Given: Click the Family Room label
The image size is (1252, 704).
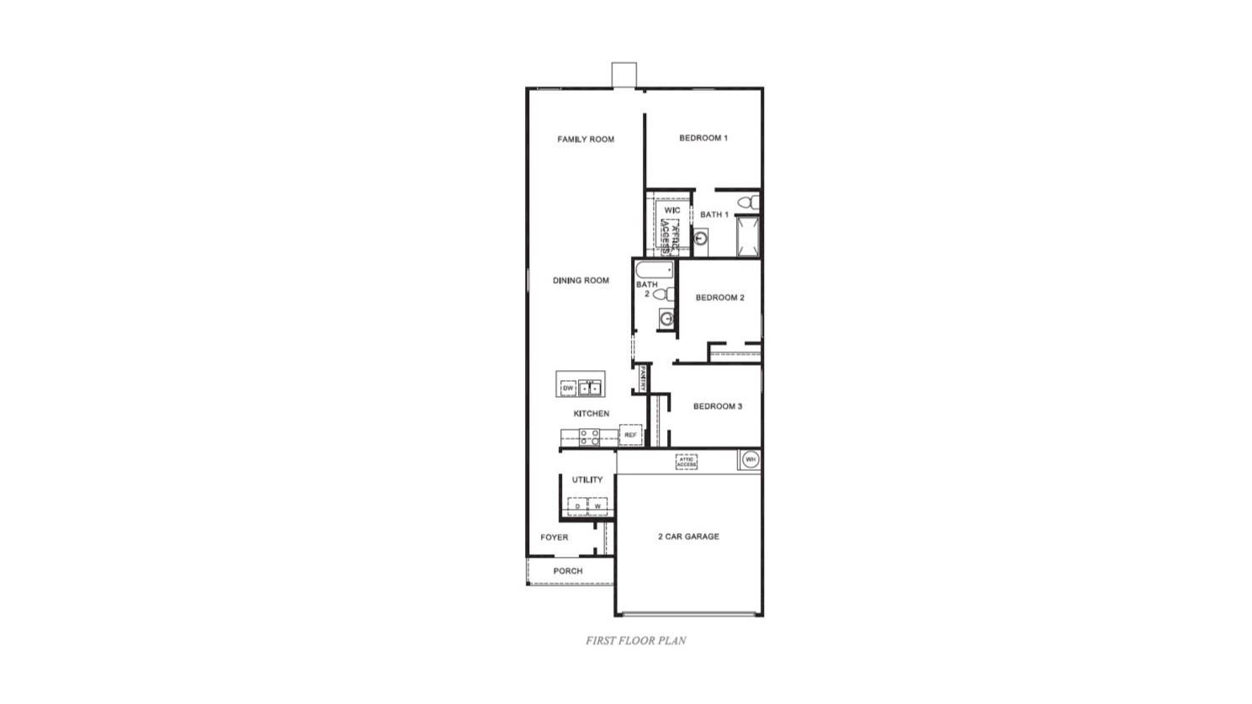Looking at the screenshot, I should coord(586,140).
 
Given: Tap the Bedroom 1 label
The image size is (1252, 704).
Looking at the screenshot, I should coord(703,138).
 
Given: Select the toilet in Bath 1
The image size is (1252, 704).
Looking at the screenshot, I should coord(748,202).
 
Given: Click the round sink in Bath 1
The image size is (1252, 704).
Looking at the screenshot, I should coord(700,239).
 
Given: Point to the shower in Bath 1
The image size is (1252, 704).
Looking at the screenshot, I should coord(748,236).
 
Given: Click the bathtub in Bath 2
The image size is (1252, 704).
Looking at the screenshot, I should coord(655,270).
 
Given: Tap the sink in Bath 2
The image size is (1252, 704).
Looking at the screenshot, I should coord(666,319).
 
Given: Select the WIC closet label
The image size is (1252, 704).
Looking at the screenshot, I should coord(672,210).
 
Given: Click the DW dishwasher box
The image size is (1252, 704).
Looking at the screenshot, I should coord(568,388).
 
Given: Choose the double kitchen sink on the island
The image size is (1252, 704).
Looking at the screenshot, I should coord(590,388).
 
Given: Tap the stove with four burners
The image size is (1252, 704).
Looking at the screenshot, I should coord(589,437).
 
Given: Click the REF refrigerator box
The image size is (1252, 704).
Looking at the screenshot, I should coord(630,435).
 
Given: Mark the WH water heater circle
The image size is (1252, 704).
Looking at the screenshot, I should coord(750,459).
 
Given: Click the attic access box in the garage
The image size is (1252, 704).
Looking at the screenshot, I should coord(687,462).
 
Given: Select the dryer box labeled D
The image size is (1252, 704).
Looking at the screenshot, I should coord(577,506).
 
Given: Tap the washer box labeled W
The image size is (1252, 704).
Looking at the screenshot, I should coord(597,506).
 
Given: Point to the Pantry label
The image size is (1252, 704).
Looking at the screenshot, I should coord(642,378).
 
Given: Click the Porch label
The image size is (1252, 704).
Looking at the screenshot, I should coord(568,571).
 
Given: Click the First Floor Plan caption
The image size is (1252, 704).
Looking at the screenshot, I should coord(636,641).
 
